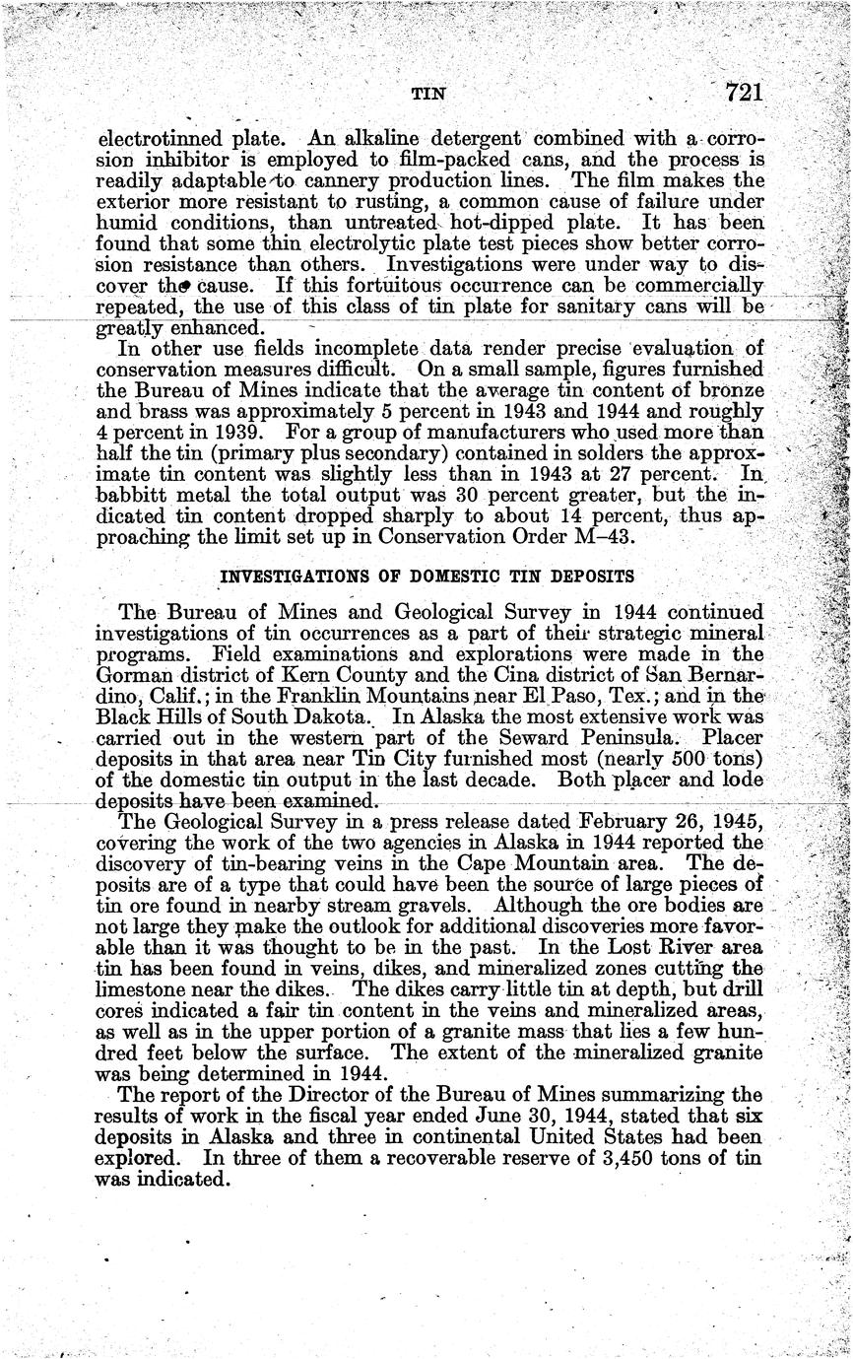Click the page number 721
coord(745,94)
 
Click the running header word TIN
coord(428,95)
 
